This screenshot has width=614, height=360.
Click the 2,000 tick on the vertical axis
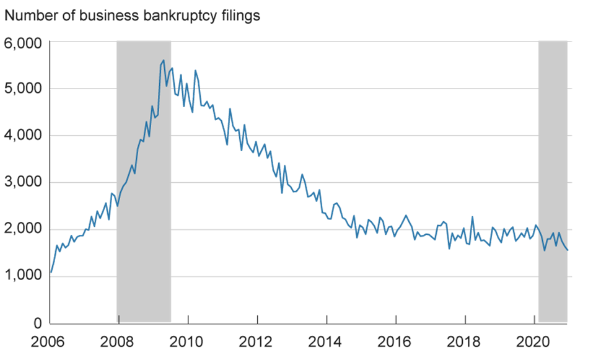click(x=23, y=229)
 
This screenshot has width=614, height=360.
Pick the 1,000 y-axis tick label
click(x=23, y=276)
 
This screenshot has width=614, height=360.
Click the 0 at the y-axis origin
click(x=37, y=323)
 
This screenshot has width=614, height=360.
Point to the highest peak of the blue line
click(x=163, y=60)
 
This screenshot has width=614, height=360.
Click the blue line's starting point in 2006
click(x=51, y=272)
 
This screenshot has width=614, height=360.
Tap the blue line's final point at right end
click(x=568, y=250)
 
